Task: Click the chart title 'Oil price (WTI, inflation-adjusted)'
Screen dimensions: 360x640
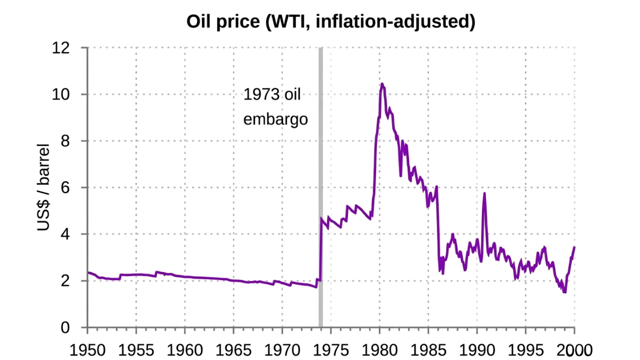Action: (330, 21)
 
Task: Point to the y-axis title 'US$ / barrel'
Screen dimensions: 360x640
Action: (44, 187)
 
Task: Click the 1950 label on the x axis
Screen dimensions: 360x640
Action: (87, 349)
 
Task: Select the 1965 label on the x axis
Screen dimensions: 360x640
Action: (233, 349)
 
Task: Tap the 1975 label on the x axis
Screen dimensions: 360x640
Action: (330, 349)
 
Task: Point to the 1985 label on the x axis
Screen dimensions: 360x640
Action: (428, 349)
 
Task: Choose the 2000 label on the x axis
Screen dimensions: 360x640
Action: (574, 349)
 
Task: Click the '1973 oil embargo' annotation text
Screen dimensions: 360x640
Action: (275, 107)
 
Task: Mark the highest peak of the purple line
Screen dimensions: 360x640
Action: (382, 84)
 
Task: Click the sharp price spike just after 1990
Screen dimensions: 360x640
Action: (484, 193)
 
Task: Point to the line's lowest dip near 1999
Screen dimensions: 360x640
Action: (564, 292)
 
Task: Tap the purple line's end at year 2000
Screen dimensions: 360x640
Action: (574, 247)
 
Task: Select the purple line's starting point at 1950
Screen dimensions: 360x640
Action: (88, 272)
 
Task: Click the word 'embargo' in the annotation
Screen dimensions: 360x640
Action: (275, 120)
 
